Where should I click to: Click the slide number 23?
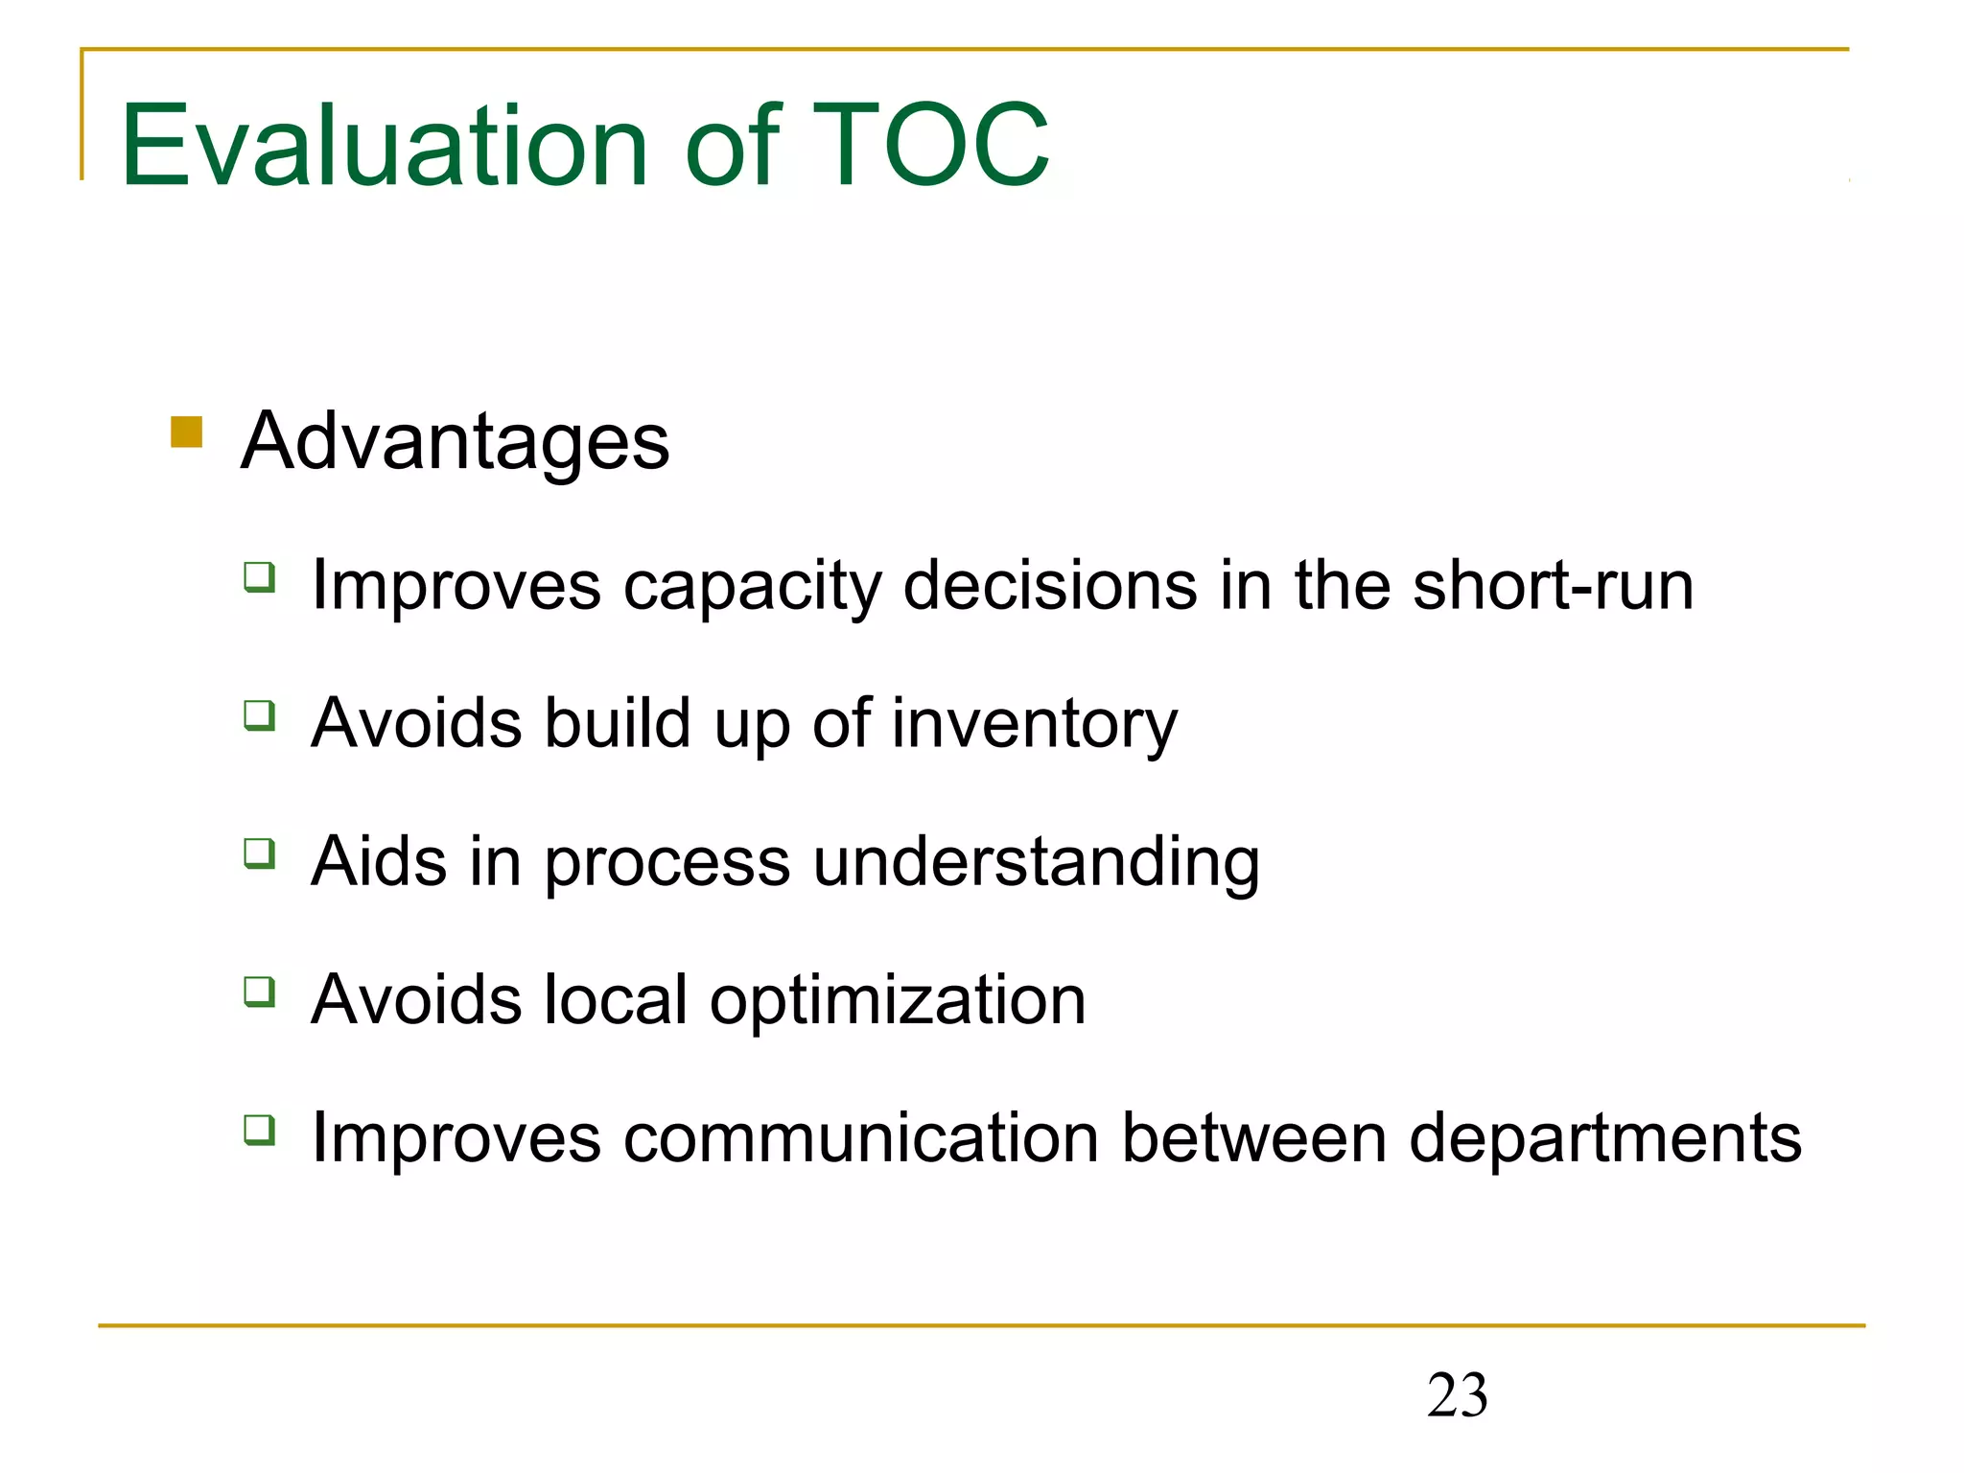pyautogui.click(x=1457, y=1395)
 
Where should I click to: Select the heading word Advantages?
pyautogui.click(x=455, y=442)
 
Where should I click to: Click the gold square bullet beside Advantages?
pyautogui.click(x=186, y=432)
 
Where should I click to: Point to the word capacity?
pyautogui.click(x=752, y=587)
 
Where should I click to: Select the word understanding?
pyautogui.click(x=1036, y=862)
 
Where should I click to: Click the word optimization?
pyautogui.click(x=897, y=1000)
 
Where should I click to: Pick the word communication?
pyautogui.click(x=861, y=1138)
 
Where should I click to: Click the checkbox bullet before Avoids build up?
pyautogui.click(x=260, y=715)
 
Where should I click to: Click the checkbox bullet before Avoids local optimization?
pyautogui.click(x=260, y=992)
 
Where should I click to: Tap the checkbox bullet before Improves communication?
pyautogui.click(x=260, y=1130)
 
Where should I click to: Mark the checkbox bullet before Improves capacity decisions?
pyautogui.click(x=260, y=577)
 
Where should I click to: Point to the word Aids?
pyautogui.click(x=379, y=861)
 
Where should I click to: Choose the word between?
pyautogui.click(x=1254, y=1138)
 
